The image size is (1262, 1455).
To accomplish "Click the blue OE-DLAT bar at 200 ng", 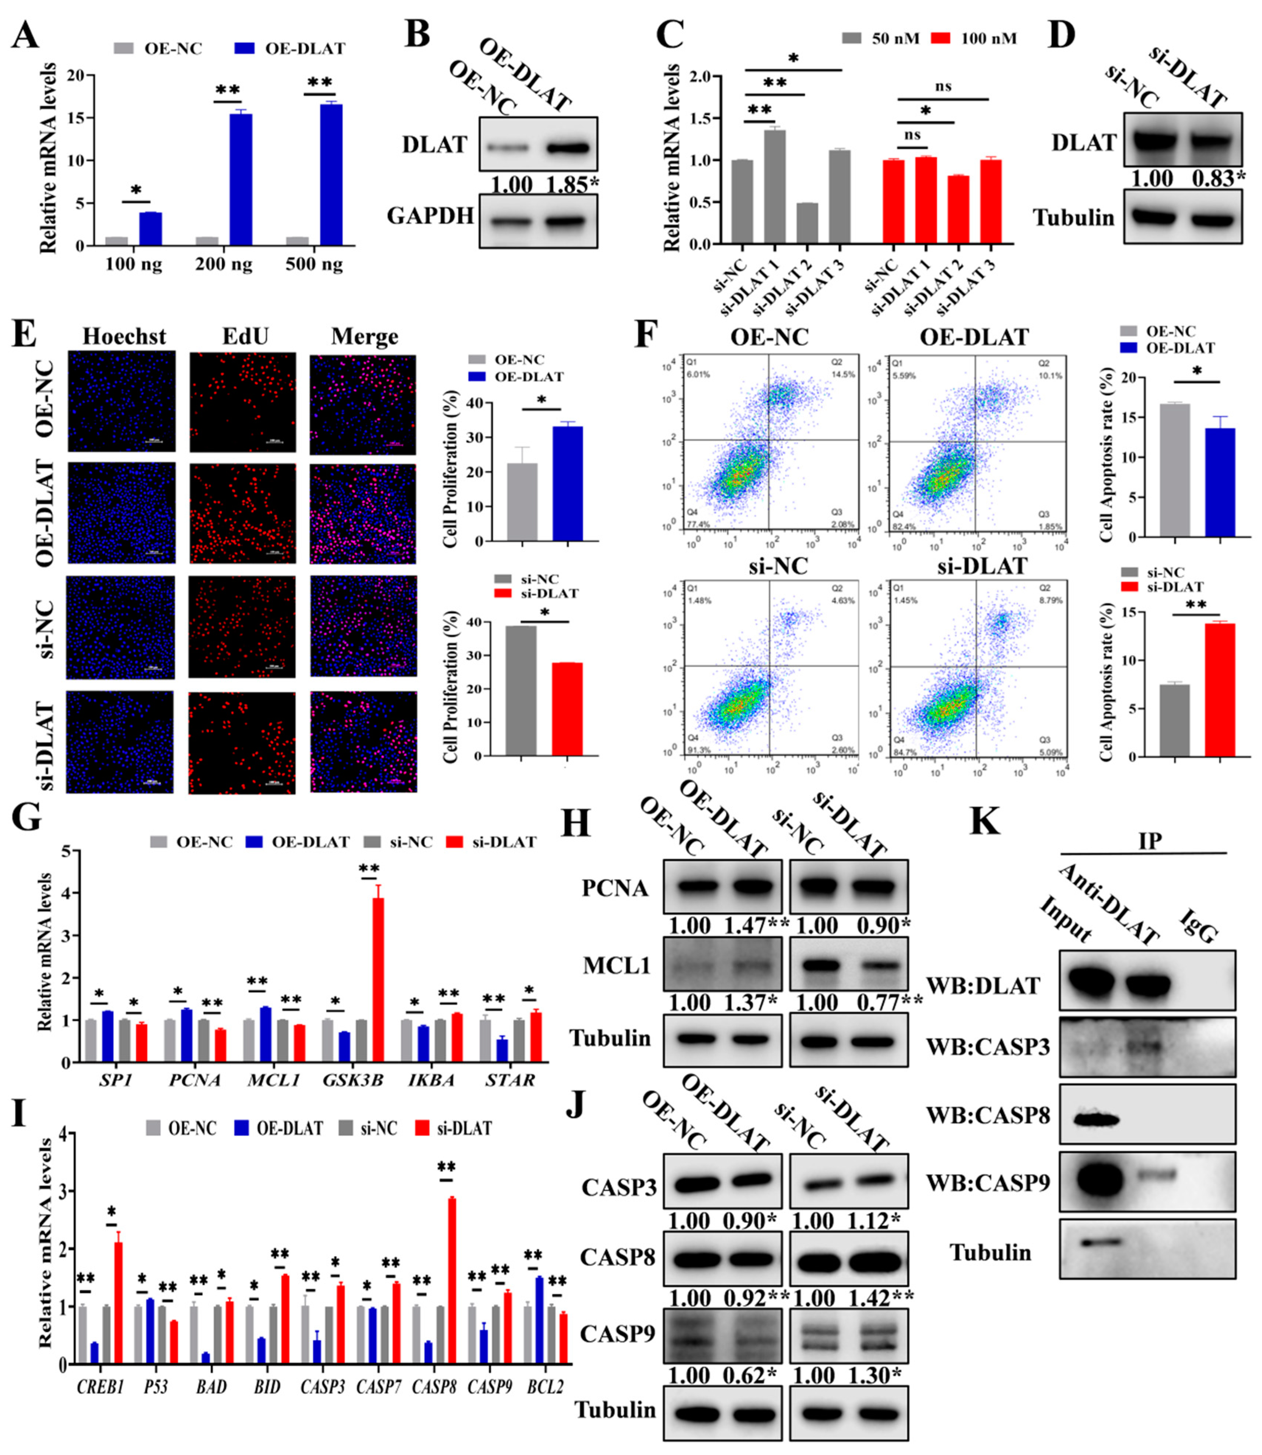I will [x=240, y=180].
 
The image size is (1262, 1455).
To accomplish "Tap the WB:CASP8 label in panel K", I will [x=987, y=1115].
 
